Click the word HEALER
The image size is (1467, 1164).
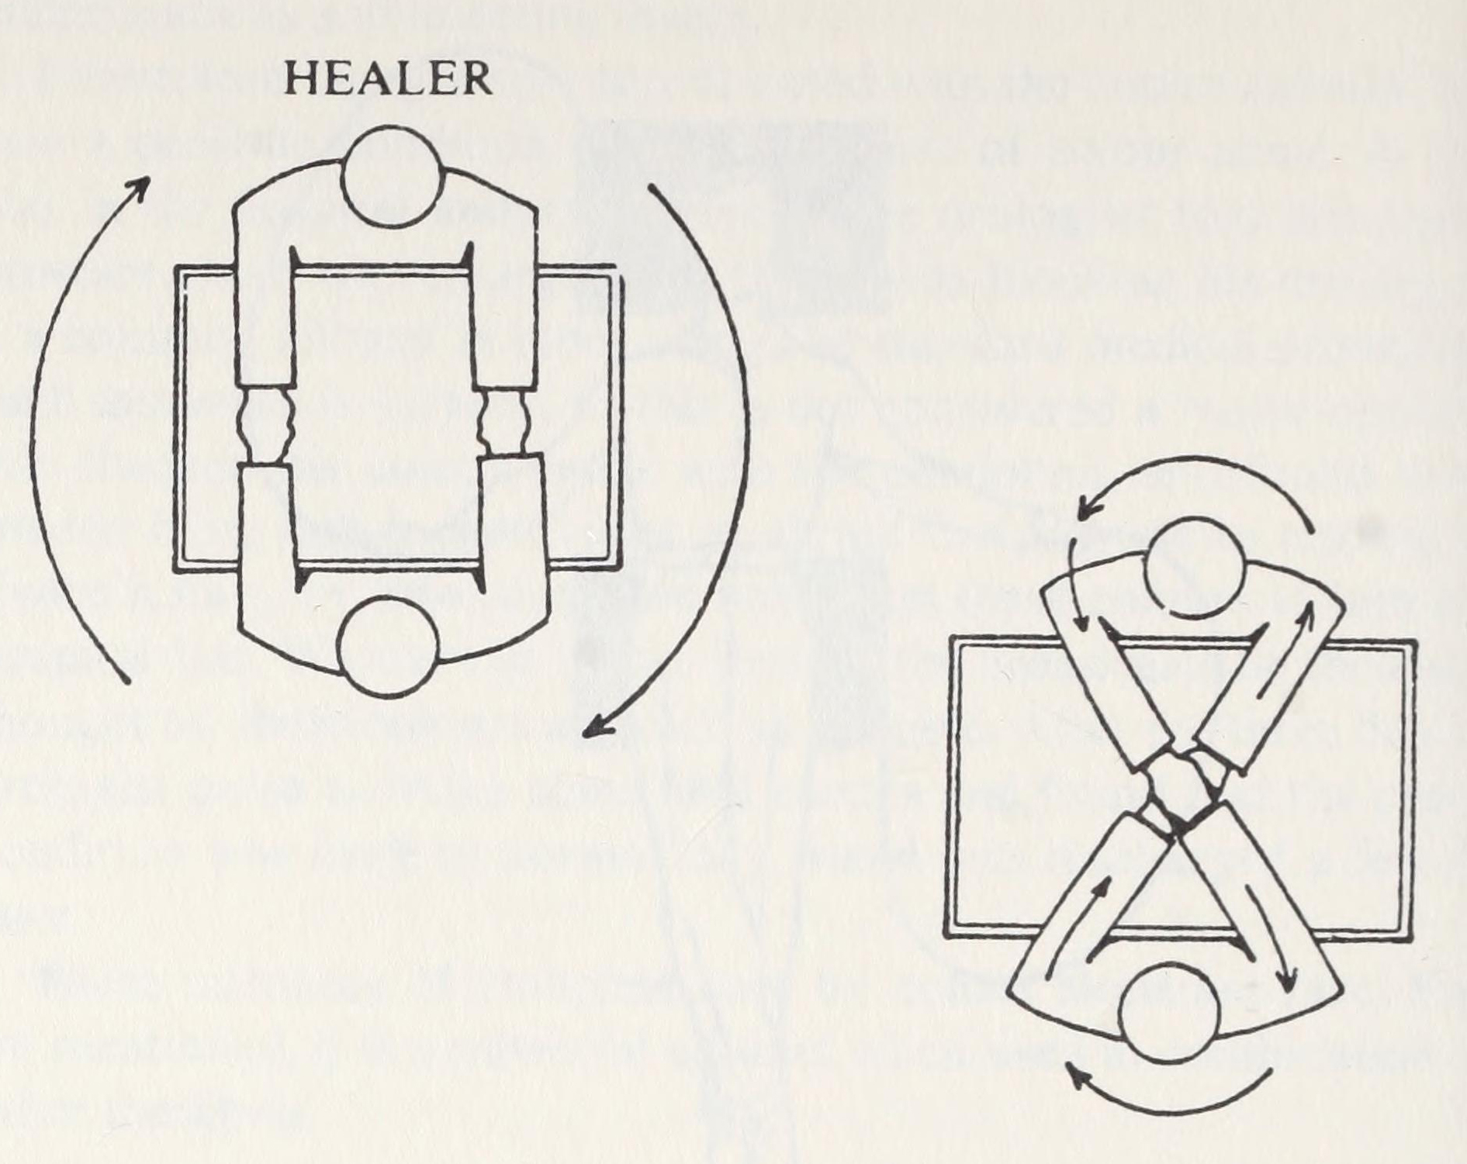click(388, 79)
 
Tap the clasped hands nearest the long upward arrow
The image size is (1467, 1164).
click(265, 423)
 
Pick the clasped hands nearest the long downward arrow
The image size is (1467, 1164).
click(507, 423)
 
